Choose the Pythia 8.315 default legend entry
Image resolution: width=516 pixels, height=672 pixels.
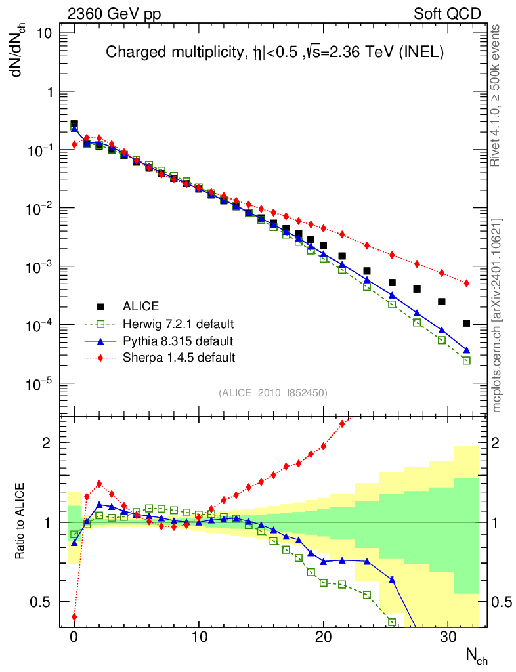point(178,341)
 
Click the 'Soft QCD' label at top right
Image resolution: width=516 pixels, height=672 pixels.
point(447,14)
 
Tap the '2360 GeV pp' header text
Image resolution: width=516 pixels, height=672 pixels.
point(110,14)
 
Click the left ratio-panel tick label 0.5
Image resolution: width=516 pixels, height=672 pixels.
point(46,602)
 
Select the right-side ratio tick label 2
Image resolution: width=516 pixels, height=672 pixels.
point(500,443)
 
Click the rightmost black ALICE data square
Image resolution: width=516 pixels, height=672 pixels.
point(467,323)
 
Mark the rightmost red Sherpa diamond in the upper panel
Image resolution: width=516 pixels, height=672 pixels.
point(467,283)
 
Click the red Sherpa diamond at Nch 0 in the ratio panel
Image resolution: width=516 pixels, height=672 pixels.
point(74,617)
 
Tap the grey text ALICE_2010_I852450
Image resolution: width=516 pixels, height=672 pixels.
point(272,392)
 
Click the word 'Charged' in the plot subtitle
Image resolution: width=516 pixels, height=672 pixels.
point(129,52)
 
